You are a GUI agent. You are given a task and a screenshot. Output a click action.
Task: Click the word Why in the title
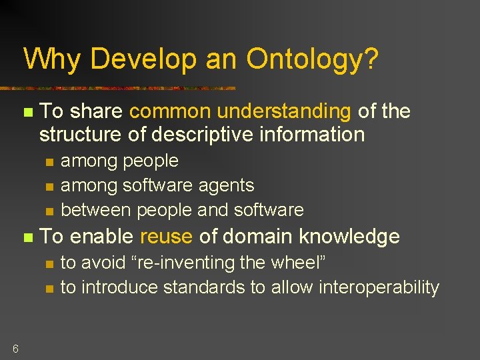click(53, 59)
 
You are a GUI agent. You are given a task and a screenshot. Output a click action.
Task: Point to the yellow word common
click(170, 111)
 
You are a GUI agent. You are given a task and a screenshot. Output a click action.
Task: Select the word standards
click(201, 287)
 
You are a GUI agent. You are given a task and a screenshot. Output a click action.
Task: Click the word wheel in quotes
click(293, 263)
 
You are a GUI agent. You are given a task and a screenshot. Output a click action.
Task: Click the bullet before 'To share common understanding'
click(27, 112)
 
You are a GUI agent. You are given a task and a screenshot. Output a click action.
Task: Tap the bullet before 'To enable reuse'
click(27, 237)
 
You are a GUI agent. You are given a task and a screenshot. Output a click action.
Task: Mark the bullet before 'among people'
click(48, 161)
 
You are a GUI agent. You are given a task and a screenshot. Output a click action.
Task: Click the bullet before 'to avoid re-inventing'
click(48, 263)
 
